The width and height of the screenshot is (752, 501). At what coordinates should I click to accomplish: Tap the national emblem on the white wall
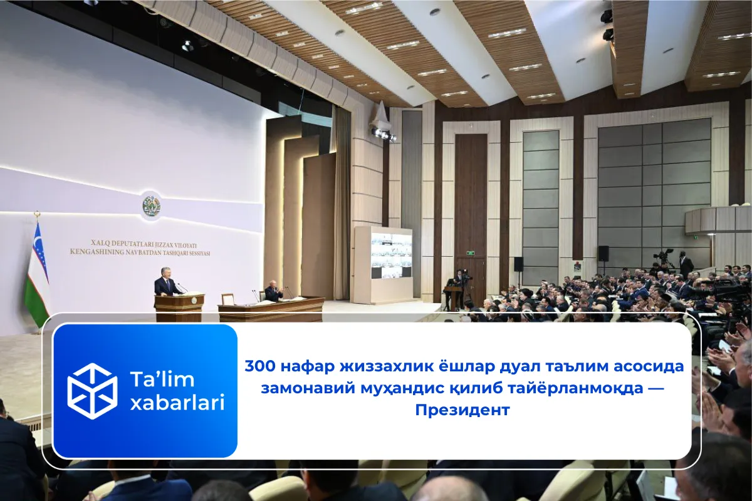(151, 205)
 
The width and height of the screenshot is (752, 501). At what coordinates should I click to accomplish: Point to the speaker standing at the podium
(167, 282)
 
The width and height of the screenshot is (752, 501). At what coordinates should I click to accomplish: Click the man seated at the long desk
(273, 291)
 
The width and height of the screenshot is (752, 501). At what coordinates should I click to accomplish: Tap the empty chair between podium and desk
(227, 299)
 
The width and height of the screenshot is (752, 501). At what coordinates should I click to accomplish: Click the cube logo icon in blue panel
(92, 391)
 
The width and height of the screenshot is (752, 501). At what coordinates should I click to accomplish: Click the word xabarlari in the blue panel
(177, 403)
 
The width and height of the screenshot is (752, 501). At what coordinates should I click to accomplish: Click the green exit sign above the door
(469, 253)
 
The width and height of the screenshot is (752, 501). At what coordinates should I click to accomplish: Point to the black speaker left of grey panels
(518, 264)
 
